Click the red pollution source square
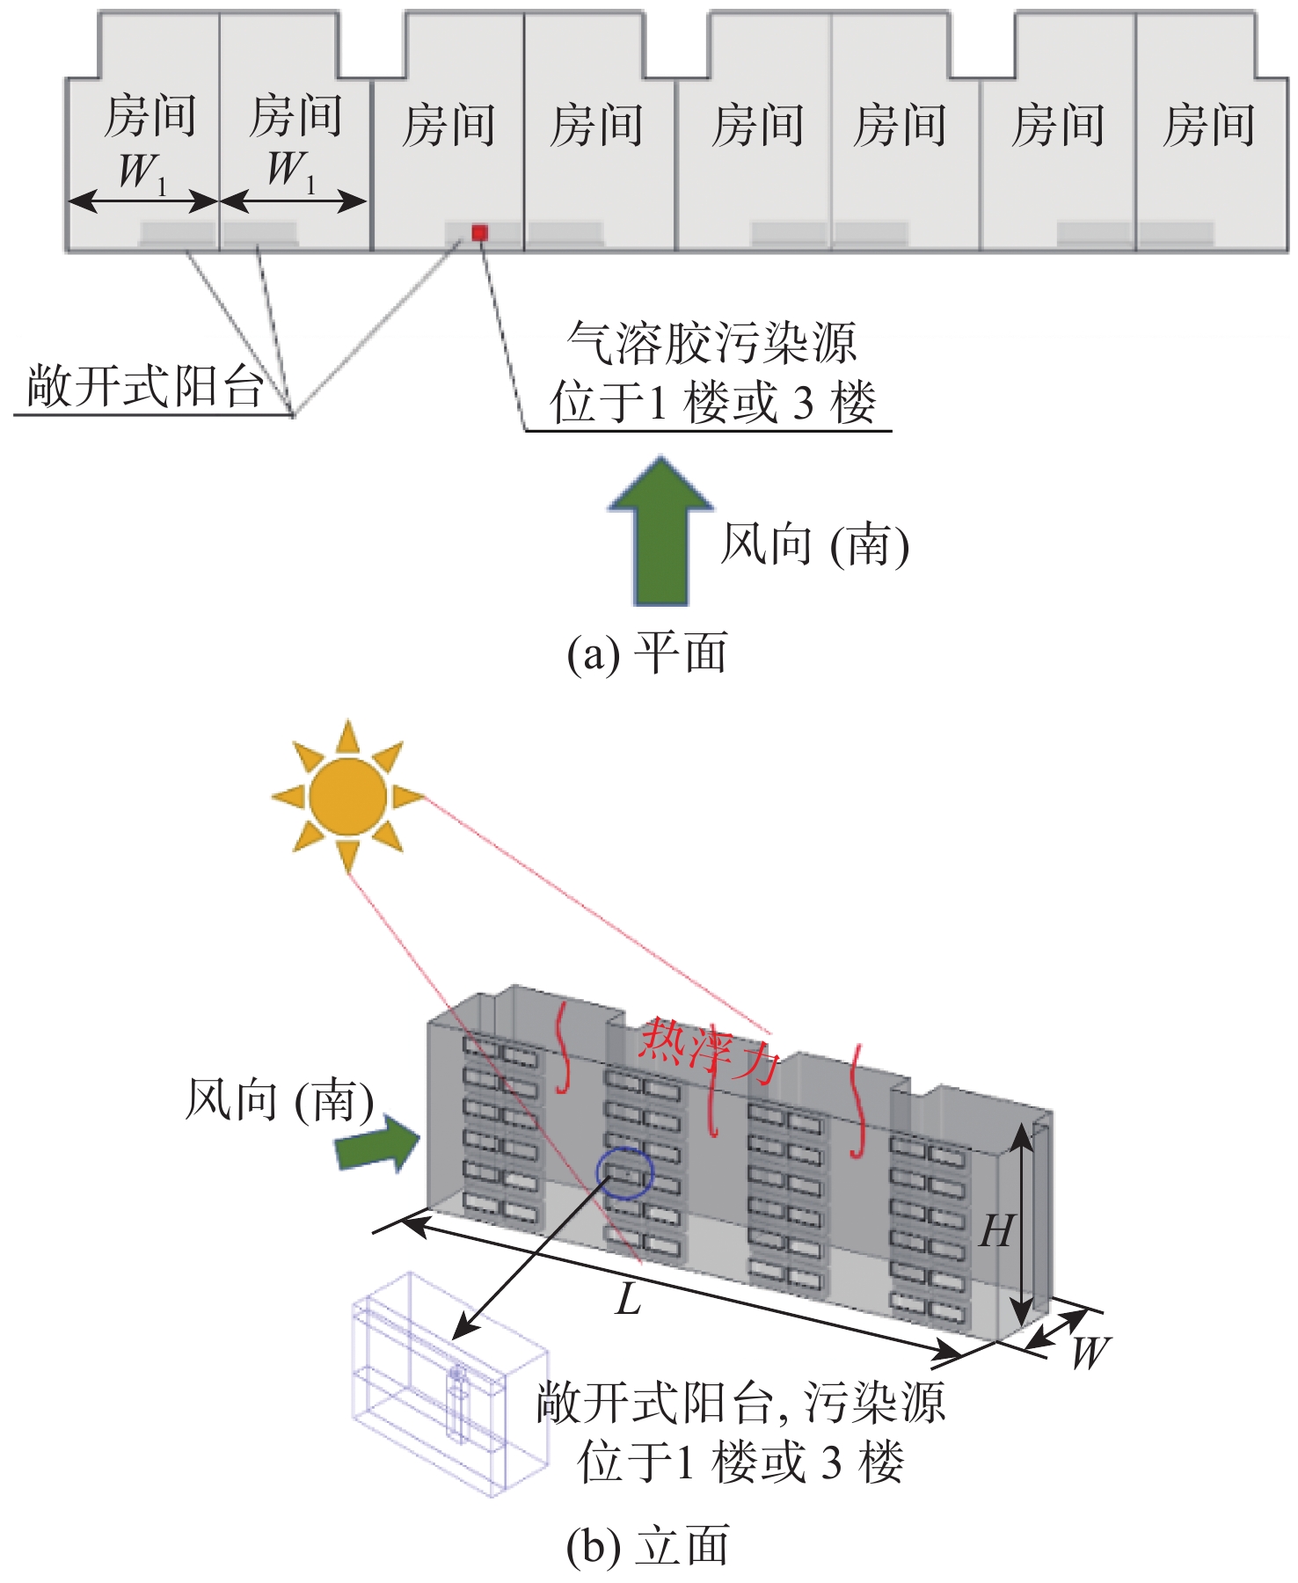coord(479,232)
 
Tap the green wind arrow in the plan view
coord(661,530)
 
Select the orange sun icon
coord(349,796)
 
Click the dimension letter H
coord(997,1230)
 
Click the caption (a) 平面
coord(647,653)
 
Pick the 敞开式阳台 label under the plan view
coord(145,386)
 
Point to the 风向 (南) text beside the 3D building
coord(280,1100)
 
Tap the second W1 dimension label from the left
coord(291,171)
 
